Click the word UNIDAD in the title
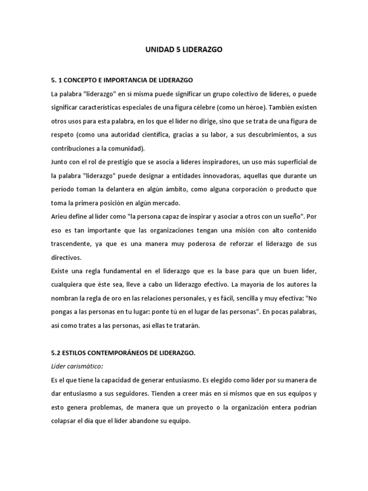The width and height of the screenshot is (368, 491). tap(157, 50)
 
